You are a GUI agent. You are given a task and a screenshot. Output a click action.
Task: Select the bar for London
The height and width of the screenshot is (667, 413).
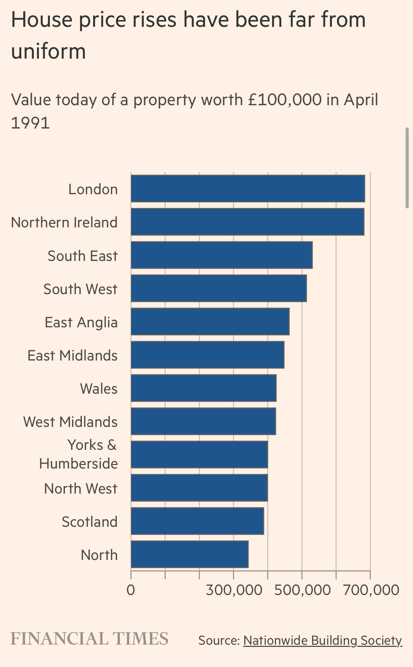[247, 189]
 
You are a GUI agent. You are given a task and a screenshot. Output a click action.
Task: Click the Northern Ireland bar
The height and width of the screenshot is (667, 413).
[247, 222]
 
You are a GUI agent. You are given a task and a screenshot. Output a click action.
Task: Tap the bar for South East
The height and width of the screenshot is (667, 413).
[221, 255]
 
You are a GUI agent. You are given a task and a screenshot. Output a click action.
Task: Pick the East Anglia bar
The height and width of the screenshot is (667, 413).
[210, 321]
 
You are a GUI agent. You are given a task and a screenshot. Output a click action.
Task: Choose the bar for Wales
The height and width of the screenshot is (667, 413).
[203, 388]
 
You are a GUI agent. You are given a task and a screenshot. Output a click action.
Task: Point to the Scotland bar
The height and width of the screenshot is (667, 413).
[197, 521]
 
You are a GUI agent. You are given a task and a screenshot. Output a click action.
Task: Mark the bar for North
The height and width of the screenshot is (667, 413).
[190, 554]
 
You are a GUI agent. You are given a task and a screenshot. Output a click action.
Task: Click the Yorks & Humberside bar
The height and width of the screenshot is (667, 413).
[199, 454]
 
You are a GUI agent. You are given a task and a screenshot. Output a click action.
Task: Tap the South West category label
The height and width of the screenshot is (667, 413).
[80, 289]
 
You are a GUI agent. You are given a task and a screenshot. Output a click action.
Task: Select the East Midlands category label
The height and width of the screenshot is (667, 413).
[72, 355]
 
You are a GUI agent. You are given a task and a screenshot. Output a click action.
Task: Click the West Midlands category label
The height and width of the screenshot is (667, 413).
[70, 422]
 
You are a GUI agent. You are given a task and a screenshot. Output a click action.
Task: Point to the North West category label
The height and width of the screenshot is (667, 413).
[80, 488]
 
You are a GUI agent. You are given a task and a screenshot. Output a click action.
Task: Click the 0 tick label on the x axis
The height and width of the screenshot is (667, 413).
[131, 590]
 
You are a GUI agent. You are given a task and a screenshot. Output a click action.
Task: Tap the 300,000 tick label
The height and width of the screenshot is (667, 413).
[234, 590]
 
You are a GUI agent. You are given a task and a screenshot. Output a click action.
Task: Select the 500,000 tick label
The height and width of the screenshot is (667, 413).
[302, 590]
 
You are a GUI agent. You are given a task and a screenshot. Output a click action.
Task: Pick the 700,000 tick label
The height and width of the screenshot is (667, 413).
[371, 590]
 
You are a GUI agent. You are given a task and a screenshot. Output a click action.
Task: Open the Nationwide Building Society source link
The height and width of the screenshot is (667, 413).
[323, 640]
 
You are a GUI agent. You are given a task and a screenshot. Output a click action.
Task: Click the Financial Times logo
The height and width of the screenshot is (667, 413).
[90, 639]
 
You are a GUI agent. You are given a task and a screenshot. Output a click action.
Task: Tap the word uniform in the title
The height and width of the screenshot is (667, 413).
[49, 51]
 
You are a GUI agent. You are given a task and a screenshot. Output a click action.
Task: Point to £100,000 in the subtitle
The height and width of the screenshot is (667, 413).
[285, 100]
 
